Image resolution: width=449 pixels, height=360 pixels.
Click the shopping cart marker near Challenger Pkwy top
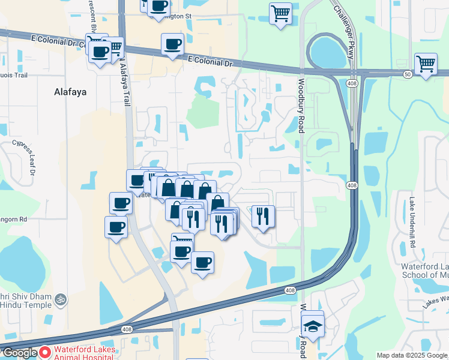pyautogui.click(x=280, y=13)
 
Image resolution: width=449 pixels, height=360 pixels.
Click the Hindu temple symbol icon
pyautogui.click(x=59, y=299)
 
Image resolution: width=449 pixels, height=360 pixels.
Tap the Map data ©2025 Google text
pyautogui.click(x=412, y=355)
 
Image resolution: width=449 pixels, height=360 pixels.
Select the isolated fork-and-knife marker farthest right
pyautogui.click(x=263, y=217)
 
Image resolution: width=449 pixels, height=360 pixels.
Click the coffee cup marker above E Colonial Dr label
pyautogui.click(x=172, y=44)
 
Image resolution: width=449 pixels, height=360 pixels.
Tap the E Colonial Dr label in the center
pyautogui.click(x=209, y=61)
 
